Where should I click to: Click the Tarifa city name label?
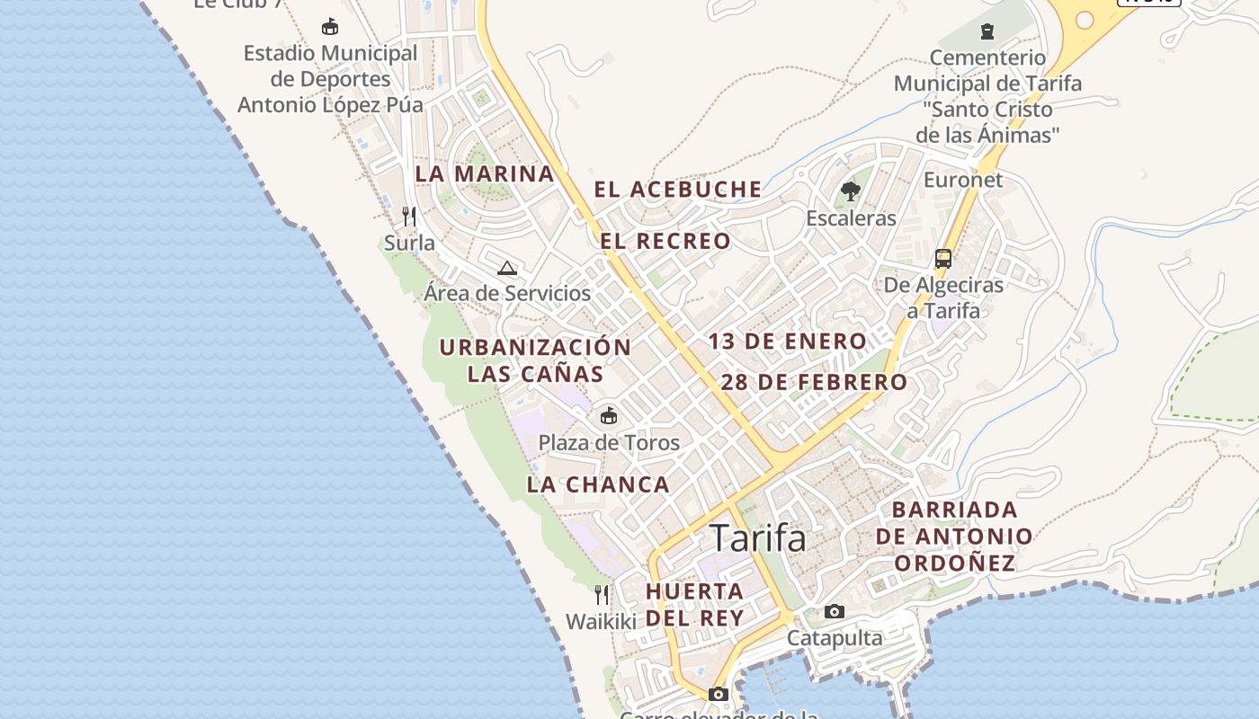758,537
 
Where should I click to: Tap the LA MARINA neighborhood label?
484,173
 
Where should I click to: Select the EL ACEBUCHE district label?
677,190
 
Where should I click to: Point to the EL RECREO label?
665,241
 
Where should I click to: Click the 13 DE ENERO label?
787,342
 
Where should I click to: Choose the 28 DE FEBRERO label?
814,382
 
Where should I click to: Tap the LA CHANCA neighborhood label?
598,484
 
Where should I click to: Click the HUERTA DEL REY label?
695,604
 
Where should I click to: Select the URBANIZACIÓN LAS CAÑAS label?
535,360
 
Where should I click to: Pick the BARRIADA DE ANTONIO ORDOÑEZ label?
954,537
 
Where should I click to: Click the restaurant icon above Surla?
409,217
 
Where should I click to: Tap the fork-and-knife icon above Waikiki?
602,594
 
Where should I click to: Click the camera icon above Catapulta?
835,611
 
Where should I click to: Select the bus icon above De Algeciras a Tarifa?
943,259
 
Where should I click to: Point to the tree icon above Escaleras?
850,191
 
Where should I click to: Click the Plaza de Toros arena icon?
609,415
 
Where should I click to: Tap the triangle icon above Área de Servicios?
507,267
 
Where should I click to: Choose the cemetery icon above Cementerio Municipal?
987,31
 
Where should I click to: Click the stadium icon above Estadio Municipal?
330,26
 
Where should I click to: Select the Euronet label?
963,180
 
